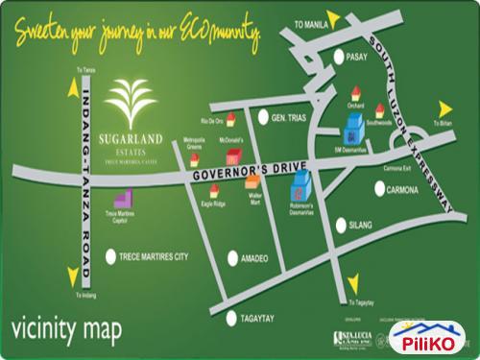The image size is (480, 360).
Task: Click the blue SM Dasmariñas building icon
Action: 354,126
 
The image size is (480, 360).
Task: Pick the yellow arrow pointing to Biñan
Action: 444,108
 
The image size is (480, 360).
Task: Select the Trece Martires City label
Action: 157,257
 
